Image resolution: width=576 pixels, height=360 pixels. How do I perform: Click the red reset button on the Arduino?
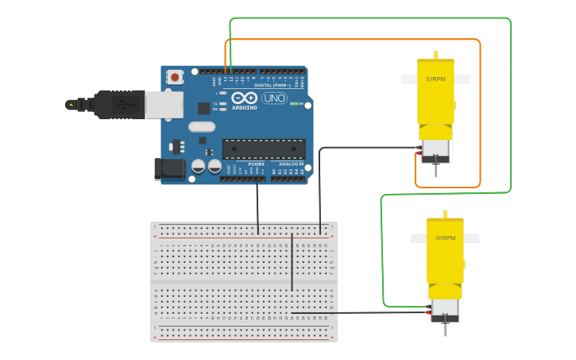click(x=175, y=77)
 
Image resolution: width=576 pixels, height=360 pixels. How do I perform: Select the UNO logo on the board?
click(x=275, y=99)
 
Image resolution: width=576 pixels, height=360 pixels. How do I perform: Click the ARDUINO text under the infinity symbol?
click(x=245, y=107)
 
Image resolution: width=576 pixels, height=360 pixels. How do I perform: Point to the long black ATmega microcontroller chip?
click(x=264, y=149)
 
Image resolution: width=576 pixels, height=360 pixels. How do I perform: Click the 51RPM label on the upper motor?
click(x=435, y=79)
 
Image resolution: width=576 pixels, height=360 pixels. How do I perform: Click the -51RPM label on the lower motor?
click(x=445, y=238)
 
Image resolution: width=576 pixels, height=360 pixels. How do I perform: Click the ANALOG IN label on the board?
click(x=288, y=165)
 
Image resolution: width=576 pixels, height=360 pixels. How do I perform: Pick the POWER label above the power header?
click(x=256, y=165)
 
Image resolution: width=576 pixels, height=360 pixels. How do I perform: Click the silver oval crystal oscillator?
click(x=202, y=126)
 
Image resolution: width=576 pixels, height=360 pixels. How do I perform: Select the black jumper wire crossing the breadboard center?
click(x=292, y=262)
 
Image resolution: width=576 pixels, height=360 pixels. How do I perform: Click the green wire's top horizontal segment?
click(x=369, y=17)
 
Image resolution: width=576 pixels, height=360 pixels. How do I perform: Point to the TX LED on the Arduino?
click(x=223, y=103)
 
